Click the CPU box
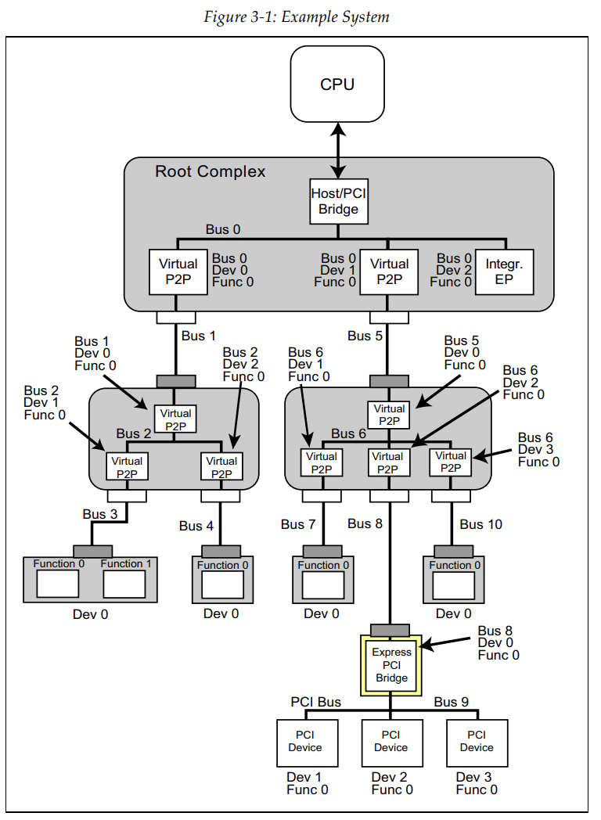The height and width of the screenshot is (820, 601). click(337, 84)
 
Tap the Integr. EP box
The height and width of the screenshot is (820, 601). click(503, 271)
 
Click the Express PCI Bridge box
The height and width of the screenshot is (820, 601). click(391, 665)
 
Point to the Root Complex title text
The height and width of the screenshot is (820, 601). click(211, 171)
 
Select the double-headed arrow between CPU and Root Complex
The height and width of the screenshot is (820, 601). click(338, 148)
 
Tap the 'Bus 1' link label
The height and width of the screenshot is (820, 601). click(199, 336)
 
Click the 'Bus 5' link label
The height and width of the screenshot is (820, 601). click(365, 336)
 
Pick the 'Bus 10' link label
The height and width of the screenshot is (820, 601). click(481, 524)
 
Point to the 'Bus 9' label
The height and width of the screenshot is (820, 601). click(452, 702)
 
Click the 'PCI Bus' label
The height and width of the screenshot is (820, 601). click(316, 702)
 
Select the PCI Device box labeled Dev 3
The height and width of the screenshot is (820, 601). click(477, 742)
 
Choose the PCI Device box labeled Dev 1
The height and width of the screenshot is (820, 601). click(304, 742)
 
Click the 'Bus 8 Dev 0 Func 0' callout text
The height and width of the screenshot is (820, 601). click(498, 642)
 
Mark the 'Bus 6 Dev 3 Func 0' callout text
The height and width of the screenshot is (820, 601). click(539, 450)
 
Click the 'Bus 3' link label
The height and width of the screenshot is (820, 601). click(100, 514)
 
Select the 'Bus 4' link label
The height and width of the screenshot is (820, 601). click(196, 526)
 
